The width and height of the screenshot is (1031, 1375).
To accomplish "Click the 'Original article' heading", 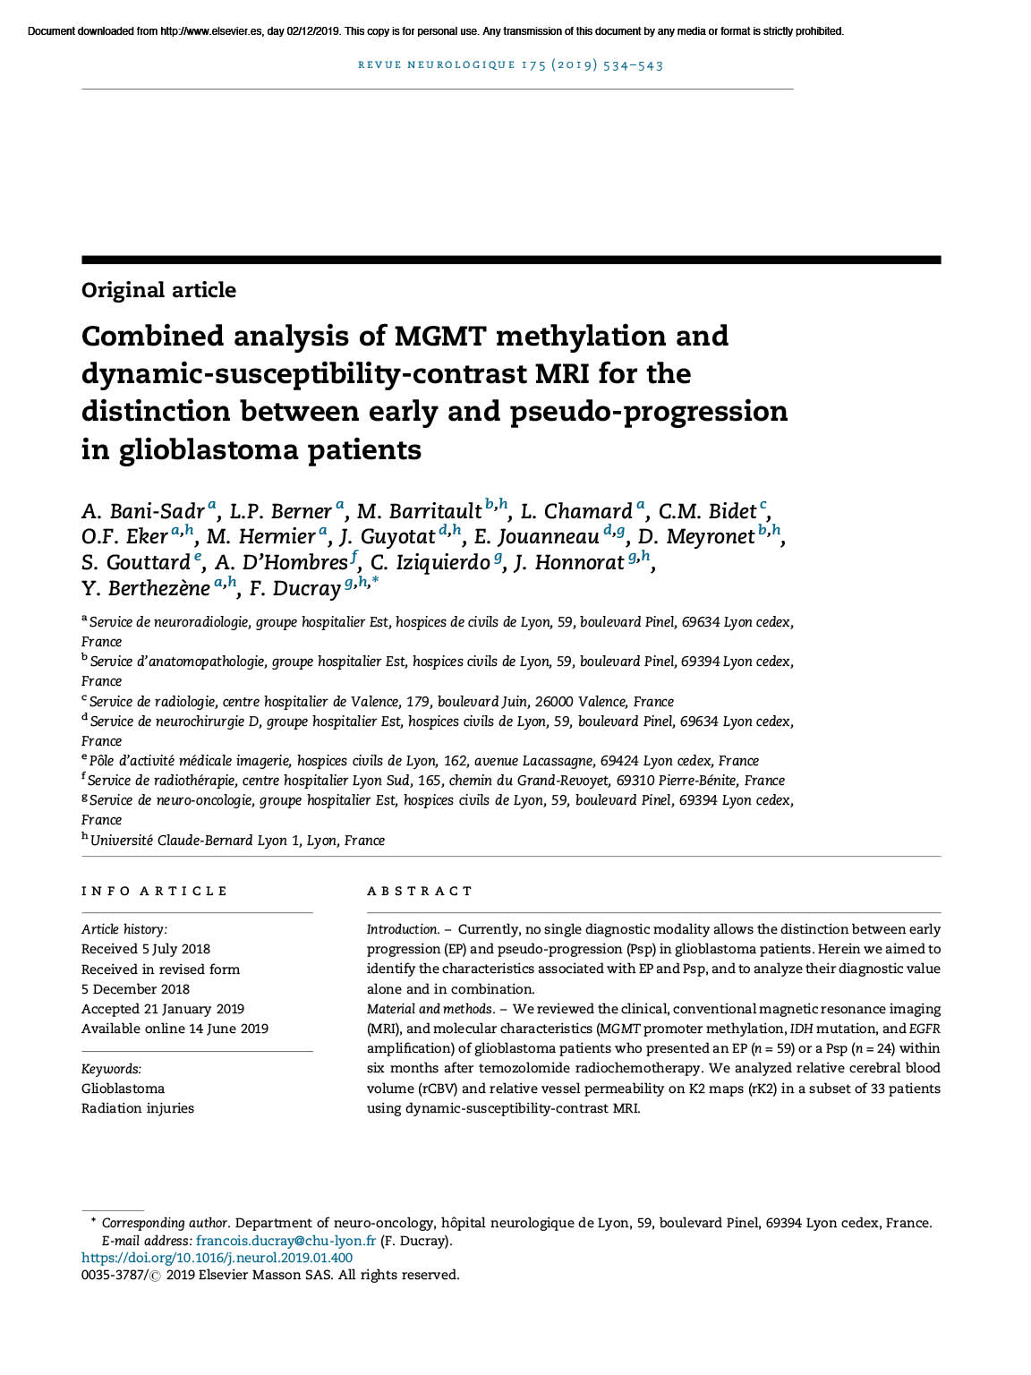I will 158,290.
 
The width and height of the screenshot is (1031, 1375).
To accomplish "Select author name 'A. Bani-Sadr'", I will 143,511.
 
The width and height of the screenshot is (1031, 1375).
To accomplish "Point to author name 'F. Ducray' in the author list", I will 294,588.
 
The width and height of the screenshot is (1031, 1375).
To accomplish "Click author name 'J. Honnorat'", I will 568,562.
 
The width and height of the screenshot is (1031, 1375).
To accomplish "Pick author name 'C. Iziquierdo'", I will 430,562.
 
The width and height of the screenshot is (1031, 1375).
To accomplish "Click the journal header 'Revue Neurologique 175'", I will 510,64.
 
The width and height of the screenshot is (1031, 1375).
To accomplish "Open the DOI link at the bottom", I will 217,1258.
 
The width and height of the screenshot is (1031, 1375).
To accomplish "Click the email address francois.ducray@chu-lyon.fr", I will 285,1241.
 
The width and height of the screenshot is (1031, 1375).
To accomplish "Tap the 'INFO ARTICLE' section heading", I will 154,891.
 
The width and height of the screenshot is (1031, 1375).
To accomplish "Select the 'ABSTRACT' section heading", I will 420,891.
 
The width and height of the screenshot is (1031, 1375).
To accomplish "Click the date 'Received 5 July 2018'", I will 146,949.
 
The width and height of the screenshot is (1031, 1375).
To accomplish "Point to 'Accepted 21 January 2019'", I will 162,1009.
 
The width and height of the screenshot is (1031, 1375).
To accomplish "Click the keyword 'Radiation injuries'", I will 138,1108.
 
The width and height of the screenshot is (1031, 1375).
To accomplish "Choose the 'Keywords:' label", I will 111,1069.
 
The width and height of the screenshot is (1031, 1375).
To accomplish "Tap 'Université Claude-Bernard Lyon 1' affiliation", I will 194,841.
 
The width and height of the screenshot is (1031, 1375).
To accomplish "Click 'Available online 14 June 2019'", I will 175,1029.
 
